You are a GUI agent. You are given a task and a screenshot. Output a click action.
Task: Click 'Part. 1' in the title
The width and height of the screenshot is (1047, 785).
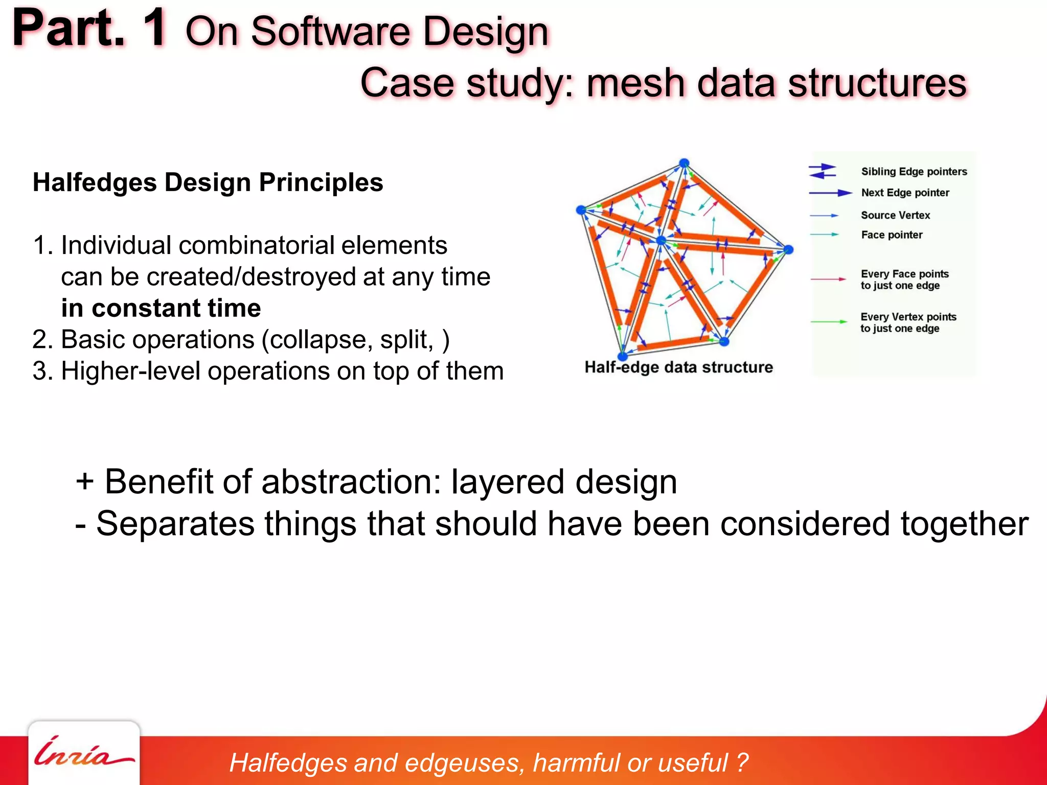pyautogui.click(x=89, y=30)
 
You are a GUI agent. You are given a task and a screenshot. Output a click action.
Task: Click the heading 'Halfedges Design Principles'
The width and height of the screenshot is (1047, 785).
pyautogui.click(x=208, y=182)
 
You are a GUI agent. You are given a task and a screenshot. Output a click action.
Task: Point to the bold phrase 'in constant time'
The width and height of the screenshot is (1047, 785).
pyautogui.click(x=161, y=308)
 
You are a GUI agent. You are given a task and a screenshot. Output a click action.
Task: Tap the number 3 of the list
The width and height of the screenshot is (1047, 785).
pyautogui.click(x=39, y=371)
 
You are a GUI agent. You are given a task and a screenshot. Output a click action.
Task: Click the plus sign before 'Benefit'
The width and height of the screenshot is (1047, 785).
pyautogui.click(x=84, y=481)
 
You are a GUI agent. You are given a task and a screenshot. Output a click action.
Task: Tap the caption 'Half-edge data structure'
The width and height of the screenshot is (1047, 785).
pyautogui.click(x=678, y=367)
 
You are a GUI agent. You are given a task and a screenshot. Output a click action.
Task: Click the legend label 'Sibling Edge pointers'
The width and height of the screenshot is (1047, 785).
pyautogui.click(x=914, y=172)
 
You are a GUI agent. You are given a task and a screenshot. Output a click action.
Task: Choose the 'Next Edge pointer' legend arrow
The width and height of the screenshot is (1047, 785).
pyautogui.click(x=830, y=193)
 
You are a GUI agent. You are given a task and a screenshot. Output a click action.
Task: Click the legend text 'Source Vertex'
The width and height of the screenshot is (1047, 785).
pyautogui.click(x=895, y=215)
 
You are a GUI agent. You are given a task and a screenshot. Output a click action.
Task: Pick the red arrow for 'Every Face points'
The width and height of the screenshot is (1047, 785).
pyautogui.click(x=828, y=279)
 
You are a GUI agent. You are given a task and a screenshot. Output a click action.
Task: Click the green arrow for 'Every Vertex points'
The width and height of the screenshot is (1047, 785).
pyautogui.click(x=828, y=322)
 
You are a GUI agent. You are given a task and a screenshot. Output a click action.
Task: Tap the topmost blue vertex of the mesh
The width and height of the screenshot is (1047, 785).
pyautogui.click(x=684, y=163)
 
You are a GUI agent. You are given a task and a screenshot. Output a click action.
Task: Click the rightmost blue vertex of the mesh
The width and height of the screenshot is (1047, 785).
pyautogui.click(x=788, y=249)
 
